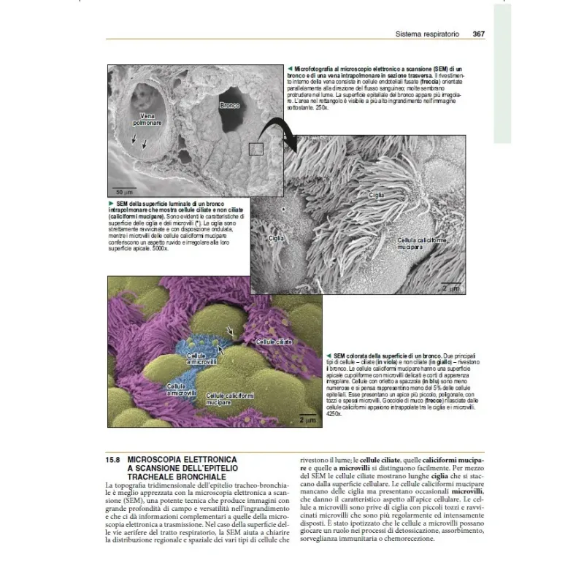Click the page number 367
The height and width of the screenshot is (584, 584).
click(479, 34)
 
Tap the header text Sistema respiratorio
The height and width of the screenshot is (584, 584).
click(427, 34)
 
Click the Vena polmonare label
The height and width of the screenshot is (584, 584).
click(147, 119)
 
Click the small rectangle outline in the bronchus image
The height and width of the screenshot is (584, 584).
click(255, 149)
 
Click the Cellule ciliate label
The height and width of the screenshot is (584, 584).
click(275, 341)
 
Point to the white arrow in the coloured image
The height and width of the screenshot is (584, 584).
click(231, 332)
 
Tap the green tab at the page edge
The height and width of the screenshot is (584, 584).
click(503, 73)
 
